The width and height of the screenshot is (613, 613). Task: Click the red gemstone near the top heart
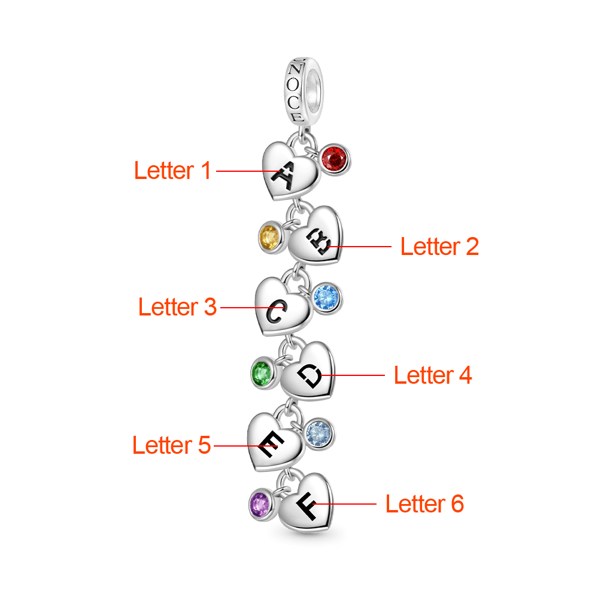[335, 159]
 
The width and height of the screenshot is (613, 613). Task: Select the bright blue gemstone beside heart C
[326, 296]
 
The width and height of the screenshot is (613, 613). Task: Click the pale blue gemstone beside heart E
[319, 433]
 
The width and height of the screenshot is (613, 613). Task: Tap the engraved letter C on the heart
[277, 312]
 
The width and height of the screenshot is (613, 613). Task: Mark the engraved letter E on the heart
[269, 445]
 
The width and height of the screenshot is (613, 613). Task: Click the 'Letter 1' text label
[172, 171]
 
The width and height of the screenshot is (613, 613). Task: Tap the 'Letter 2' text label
[439, 246]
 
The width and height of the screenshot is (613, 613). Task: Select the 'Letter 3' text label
[177, 307]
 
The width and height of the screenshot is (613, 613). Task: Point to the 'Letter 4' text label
[433, 375]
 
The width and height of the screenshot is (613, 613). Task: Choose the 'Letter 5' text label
[171, 445]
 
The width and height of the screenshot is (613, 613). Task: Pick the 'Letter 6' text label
[424, 504]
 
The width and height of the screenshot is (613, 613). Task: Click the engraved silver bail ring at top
[304, 90]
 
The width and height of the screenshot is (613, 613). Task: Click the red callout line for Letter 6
[347, 504]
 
